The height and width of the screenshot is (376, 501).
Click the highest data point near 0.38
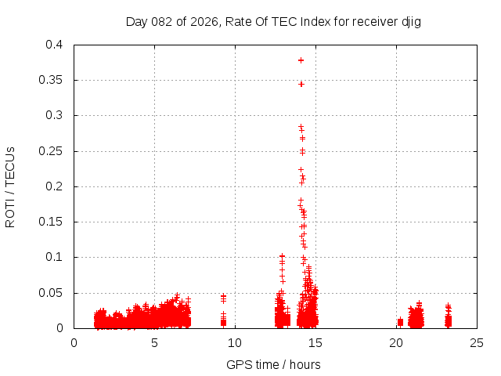[x=301, y=60]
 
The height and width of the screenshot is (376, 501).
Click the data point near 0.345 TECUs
[x=301, y=84]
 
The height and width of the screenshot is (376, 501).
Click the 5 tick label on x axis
[x=155, y=342]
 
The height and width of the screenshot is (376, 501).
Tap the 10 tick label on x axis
[x=236, y=342]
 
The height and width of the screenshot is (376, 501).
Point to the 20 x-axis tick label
[x=397, y=342]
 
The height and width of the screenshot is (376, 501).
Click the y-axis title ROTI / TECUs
[x=10, y=187]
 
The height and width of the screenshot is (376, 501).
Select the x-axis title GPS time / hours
[x=273, y=364]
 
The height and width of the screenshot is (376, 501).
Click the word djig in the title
[x=411, y=22]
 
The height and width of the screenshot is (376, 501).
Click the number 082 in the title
[x=162, y=22]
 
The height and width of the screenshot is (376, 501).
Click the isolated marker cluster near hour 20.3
[x=400, y=322]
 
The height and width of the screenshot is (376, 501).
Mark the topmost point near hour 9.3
[x=223, y=296]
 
